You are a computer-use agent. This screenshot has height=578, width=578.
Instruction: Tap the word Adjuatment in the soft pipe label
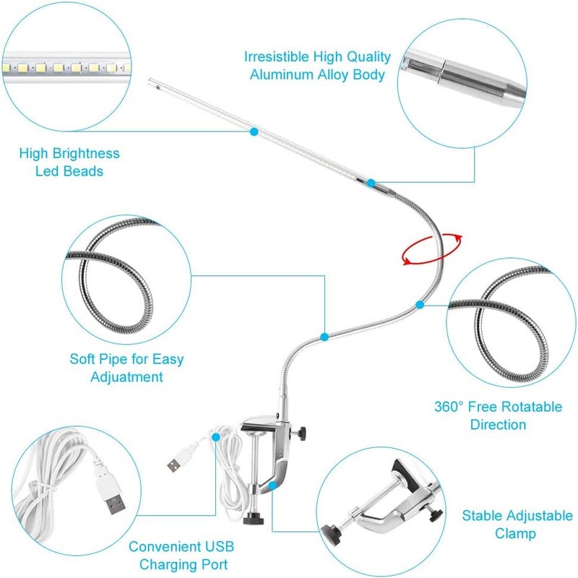(x=126, y=376)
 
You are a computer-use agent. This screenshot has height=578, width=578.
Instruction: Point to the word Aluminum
(x=281, y=74)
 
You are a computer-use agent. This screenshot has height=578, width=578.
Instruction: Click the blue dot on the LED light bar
(x=254, y=131)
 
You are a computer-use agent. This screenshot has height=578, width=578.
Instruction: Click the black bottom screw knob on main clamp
(x=254, y=519)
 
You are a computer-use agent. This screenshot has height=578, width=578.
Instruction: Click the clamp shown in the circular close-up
(x=383, y=506)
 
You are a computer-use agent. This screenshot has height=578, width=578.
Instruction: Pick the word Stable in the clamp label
(x=483, y=516)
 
